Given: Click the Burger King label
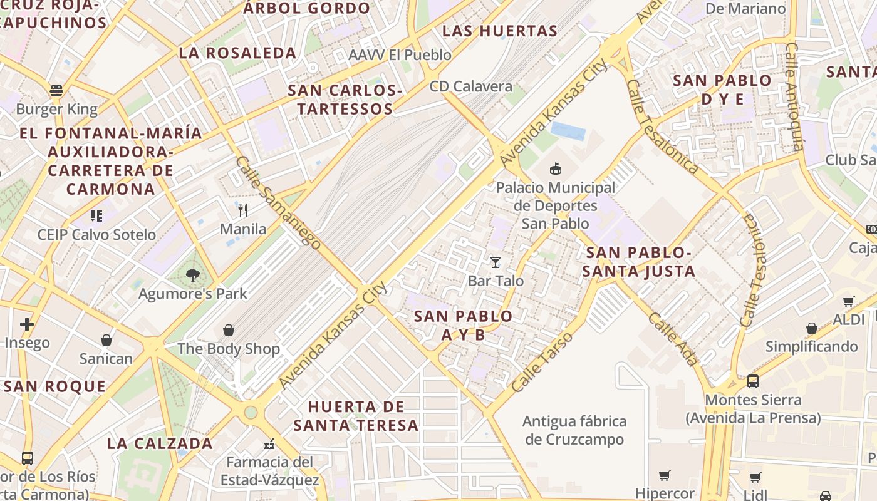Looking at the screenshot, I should click(57, 110).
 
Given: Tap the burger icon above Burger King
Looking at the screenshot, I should click(56, 90).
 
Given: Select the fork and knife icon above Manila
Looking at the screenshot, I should click(243, 210).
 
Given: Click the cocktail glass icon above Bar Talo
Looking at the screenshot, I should click(496, 262).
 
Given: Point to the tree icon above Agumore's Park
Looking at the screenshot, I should click(193, 275).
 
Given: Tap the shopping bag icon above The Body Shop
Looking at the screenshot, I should click(229, 330).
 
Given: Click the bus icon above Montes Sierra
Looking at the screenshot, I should click(753, 381).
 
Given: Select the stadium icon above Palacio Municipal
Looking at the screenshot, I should click(555, 168).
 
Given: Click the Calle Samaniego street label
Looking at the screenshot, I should click(278, 202).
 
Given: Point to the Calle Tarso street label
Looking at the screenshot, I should click(542, 363).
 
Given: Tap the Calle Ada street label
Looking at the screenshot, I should click(672, 339).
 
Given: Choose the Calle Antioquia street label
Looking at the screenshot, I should click(794, 96).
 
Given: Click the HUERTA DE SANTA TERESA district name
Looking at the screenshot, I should click(356, 416).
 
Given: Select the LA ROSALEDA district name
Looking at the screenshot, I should click(237, 53).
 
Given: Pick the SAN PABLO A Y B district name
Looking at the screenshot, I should click(464, 325).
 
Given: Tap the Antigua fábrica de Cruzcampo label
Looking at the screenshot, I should click(574, 430).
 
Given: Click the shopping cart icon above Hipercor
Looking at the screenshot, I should click(665, 476).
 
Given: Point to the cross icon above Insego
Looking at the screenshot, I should click(26, 324).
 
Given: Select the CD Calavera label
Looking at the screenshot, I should click(471, 86).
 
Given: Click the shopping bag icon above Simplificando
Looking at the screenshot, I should click(812, 328).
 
